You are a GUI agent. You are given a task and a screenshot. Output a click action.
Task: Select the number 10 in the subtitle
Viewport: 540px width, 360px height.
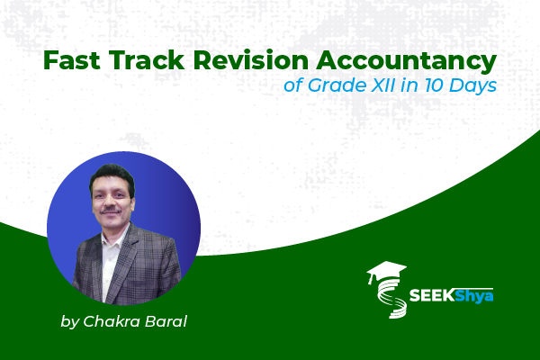tap(426, 89)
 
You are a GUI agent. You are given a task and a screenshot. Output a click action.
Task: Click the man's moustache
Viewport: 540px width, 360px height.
tap(109, 209)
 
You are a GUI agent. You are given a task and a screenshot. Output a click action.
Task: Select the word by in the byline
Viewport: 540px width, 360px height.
tap(68, 320)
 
